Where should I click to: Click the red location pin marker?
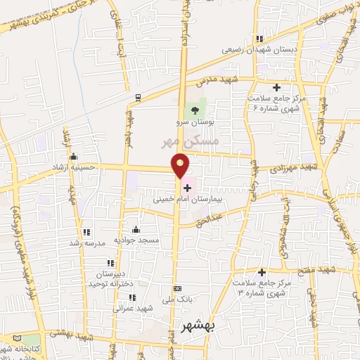tap(181, 165)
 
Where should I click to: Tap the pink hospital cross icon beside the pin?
tap(187, 187)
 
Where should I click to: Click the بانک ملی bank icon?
tap(177, 288)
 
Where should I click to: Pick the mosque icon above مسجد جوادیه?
tap(136, 229)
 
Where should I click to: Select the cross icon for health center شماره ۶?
tap(276, 88)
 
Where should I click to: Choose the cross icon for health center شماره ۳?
tap(262, 272)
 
